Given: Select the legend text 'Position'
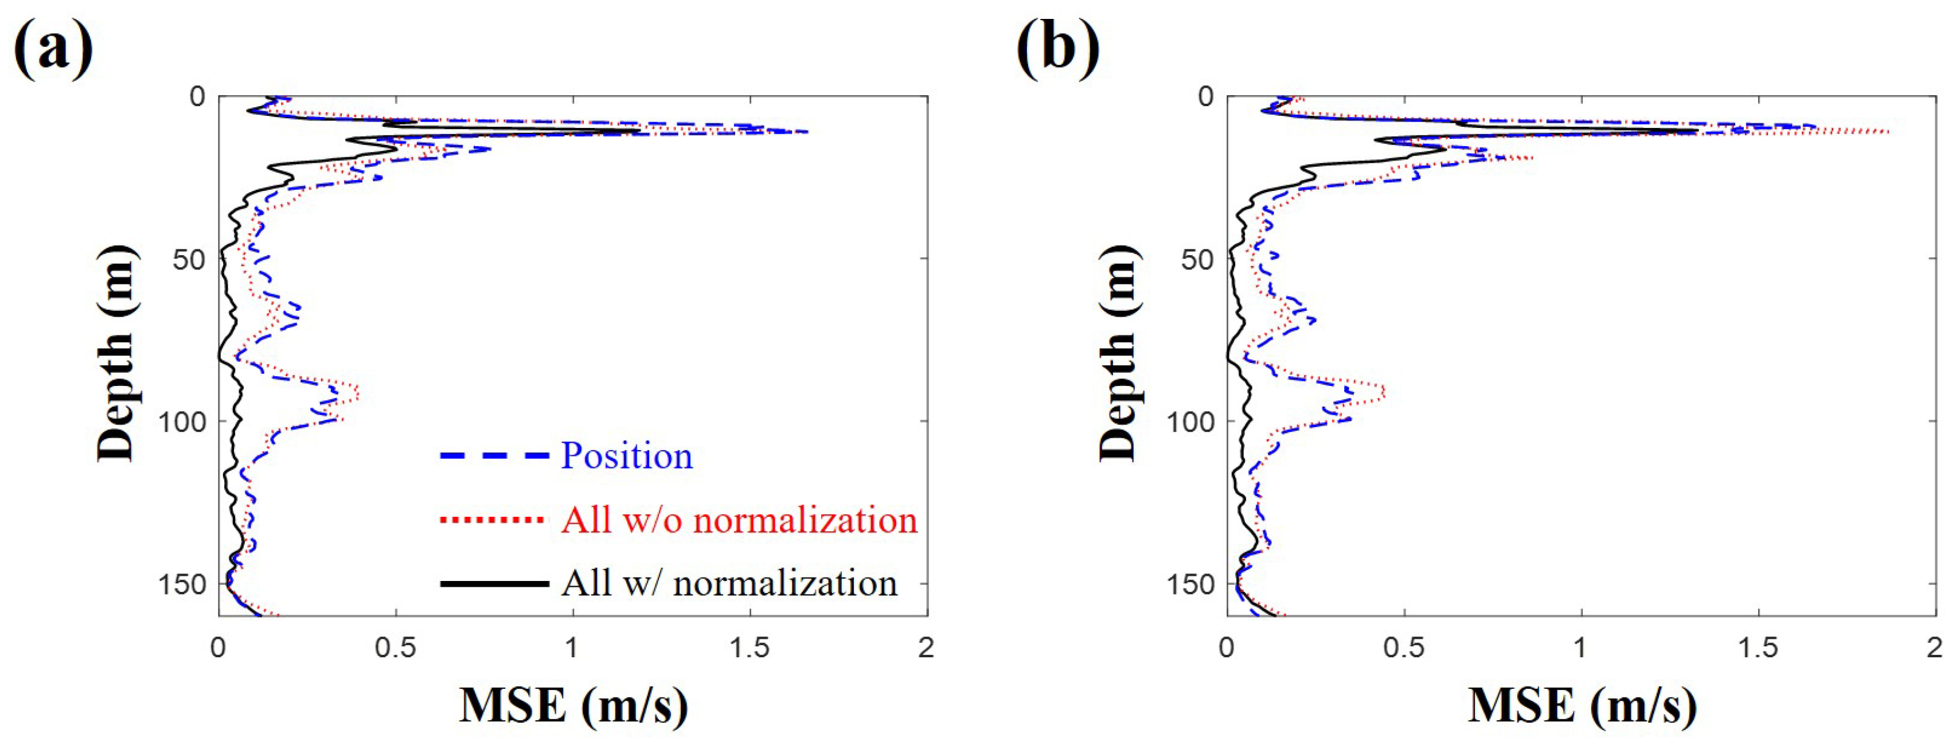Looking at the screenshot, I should click(626, 456).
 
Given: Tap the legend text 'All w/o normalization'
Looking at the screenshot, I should click(739, 520).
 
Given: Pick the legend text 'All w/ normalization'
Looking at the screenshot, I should click(729, 583).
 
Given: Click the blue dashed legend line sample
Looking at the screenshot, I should click(494, 456).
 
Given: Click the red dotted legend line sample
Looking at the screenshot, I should click(494, 520).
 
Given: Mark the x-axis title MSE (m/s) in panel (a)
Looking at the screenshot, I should click(573, 706).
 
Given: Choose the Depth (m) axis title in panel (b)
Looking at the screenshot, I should click(1118, 354).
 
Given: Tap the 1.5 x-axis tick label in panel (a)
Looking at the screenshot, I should click(749, 648).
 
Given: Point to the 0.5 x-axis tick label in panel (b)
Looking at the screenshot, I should click(1404, 648).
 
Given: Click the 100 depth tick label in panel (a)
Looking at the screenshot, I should click(181, 422).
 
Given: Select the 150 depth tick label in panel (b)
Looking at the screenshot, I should click(1190, 585).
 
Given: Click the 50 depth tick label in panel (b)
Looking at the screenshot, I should click(1200, 260).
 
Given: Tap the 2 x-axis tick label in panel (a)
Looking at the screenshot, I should click(926, 648).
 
